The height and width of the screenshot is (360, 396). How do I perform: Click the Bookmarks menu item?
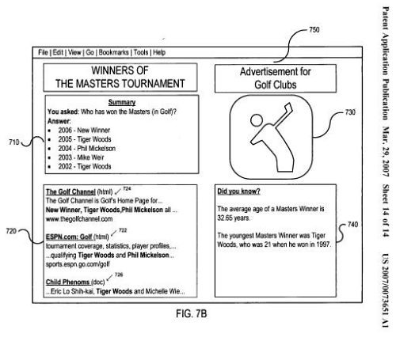point(114,52)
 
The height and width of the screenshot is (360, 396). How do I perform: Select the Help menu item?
point(159,52)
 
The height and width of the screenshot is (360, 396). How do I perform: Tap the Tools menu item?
point(141,52)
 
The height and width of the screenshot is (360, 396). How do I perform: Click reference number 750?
point(314,29)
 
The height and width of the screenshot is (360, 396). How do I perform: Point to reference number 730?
point(350,112)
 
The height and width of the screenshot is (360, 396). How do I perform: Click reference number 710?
point(14,142)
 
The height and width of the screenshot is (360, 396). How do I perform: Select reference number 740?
point(352,225)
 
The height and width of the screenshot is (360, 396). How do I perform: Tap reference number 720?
point(11,231)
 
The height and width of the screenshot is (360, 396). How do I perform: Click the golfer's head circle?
point(257,120)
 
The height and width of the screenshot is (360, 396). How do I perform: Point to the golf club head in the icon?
point(288,107)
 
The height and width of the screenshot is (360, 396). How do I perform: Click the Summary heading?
point(122,102)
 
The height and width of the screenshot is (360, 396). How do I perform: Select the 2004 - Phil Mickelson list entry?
point(87,149)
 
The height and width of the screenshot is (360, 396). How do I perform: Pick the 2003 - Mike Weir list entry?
point(81,157)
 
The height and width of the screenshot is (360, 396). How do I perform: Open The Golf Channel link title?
point(70,191)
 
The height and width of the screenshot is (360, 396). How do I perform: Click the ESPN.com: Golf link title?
point(69,237)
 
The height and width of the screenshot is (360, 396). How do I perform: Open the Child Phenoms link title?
point(67,282)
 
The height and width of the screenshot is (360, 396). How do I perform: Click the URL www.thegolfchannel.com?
point(79,219)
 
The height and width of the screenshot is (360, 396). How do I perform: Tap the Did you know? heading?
point(238,191)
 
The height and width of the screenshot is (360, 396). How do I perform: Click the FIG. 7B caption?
point(192,314)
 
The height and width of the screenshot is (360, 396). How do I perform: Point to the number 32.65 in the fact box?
point(224,218)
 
